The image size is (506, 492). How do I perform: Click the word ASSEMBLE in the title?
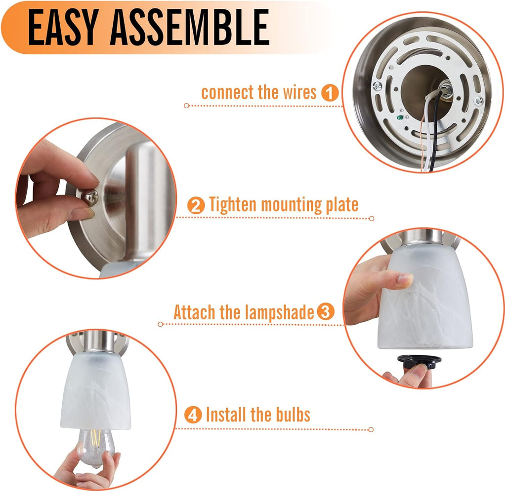189,27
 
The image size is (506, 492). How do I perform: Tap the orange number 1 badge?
330,93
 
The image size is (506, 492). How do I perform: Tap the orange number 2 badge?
196,205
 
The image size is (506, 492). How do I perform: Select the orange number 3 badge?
326,312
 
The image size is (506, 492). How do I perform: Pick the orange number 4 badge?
193,415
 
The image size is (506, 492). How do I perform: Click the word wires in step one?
300,93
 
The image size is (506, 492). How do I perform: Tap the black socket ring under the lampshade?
419,361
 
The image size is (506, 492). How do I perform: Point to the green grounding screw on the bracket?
400,117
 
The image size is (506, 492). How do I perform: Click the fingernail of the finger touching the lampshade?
405,279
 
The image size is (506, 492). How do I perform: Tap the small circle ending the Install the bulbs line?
371,429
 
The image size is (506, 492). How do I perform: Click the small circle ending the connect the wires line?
186,106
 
